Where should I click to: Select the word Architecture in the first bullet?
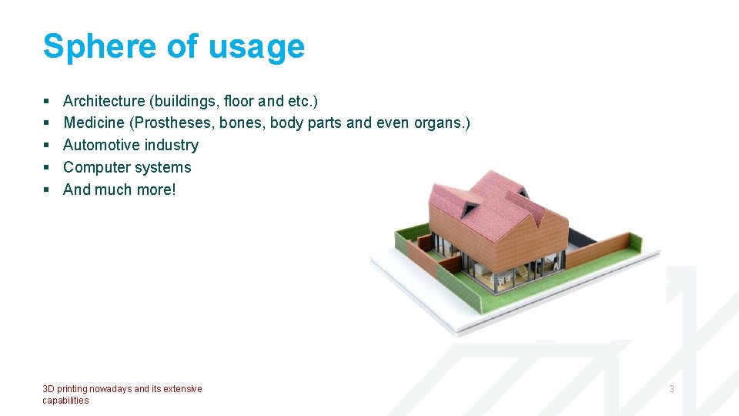click(x=104, y=101)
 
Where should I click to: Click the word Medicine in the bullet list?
click(x=93, y=122)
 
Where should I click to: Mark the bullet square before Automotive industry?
click(x=46, y=146)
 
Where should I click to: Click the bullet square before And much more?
click(x=46, y=190)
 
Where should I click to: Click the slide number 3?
click(x=671, y=389)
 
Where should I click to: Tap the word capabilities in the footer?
click(x=65, y=401)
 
